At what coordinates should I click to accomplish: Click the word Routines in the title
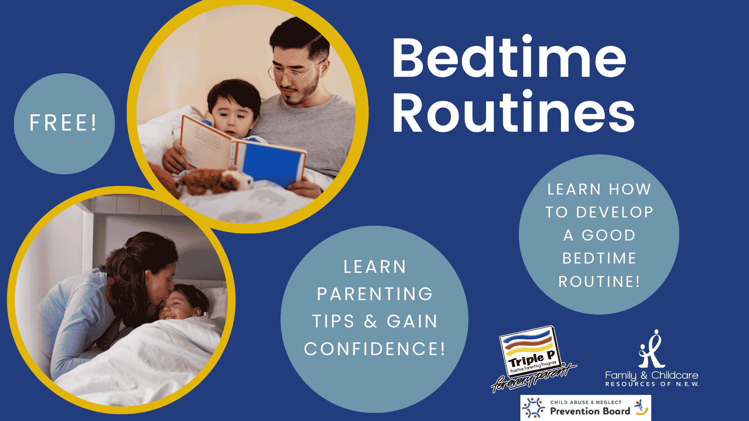(x=513, y=112)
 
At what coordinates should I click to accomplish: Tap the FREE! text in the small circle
(x=63, y=123)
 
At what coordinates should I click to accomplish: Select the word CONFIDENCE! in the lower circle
(x=374, y=348)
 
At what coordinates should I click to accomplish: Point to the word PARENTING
(x=375, y=294)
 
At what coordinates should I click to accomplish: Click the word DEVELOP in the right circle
(x=614, y=212)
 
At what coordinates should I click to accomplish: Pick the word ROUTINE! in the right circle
(x=599, y=281)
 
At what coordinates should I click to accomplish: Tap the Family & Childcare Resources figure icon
(x=651, y=349)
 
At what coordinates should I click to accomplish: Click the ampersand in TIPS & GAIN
(x=371, y=322)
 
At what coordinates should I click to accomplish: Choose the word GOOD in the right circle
(x=609, y=235)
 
